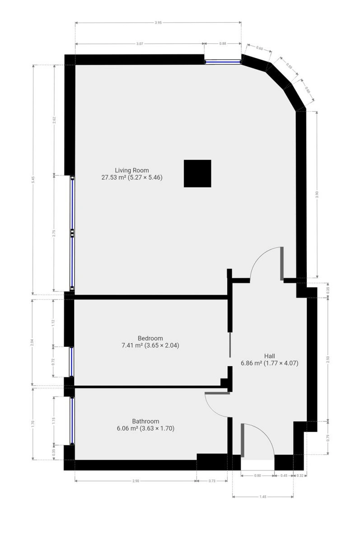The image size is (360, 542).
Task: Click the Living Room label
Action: [x=131, y=170]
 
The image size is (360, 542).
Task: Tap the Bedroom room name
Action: [x=150, y=338]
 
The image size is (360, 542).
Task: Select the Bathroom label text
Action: [x=145, y=421]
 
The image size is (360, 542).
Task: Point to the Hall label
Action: [x=269, y=356]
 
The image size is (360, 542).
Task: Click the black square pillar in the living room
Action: [x=197, y=173]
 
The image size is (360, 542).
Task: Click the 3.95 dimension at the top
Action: [x=158, y=23]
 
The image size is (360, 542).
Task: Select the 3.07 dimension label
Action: [x=140, y=44]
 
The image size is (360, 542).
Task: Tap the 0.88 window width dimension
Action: [x=223, y=43]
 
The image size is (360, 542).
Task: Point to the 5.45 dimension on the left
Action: [x=33, y=180]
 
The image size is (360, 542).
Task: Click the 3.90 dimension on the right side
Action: [x=317, y=194]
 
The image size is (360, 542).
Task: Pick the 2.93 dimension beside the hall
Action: [x=328, y=360]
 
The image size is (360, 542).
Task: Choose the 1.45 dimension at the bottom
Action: [x=263, y=496]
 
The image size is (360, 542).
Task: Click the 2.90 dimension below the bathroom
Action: [x=136, y=481]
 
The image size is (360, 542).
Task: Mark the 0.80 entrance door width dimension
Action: [x=257, y=476]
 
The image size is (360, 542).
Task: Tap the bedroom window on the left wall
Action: [x=72, y=362]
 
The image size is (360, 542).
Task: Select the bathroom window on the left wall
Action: [x=72, y=421]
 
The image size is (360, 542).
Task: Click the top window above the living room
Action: [x=223, y=62]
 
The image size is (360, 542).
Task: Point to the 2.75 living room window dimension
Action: [x=54, y=233]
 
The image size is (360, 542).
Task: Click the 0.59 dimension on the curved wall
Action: [x=289, y=66]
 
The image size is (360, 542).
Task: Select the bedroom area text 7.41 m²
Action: [x=132, y=345]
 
